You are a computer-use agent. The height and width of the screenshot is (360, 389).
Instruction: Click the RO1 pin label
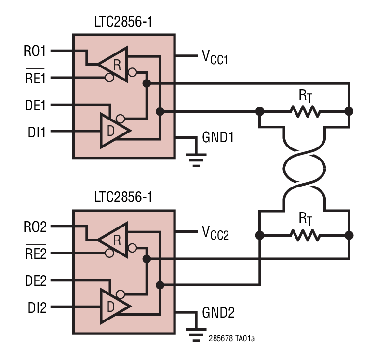point(35,51)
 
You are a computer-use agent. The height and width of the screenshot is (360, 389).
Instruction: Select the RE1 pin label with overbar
point(35,78)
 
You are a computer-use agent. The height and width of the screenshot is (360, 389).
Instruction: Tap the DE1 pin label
point(35,105)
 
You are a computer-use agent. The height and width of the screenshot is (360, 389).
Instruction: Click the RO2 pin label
point(35,227)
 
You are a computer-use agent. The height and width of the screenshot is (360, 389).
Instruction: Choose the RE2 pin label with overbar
point(35,253)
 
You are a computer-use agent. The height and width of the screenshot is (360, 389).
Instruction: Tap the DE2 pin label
point(35,280)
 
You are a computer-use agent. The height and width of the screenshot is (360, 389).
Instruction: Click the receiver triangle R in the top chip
point(115,63)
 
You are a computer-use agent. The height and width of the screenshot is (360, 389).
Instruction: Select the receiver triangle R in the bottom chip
point(115,239)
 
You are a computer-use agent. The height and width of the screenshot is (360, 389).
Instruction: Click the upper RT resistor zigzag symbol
point(305,111)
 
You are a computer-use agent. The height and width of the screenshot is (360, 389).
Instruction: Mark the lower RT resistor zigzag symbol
point(305,236)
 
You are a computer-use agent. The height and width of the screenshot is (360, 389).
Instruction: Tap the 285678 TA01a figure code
point(231,339)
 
